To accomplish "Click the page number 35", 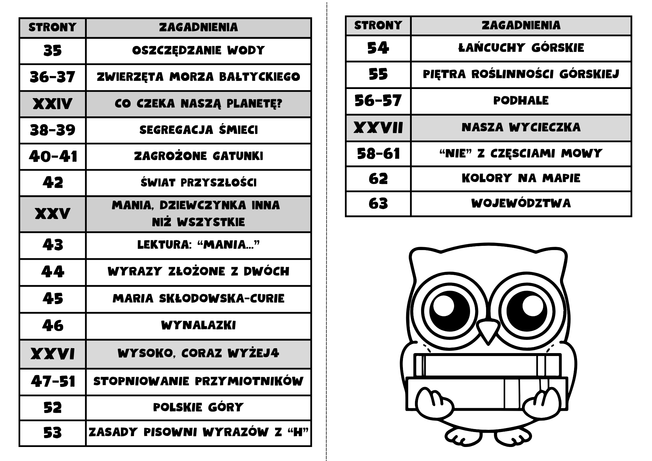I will point(52,51).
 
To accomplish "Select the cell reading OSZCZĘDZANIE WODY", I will point(198,51).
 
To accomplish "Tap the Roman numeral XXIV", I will point(52,104).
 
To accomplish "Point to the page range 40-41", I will point(53,156).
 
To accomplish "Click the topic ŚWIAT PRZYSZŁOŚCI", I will point(198,183).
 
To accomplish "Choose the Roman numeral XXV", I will point(52,214).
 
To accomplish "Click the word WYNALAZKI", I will point(198,325).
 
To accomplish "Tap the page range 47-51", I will point(53,381).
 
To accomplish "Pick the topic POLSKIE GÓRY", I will point(198,408).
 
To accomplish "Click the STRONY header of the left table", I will point(52,27).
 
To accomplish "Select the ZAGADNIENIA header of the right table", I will point(521,25).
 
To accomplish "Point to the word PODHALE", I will point(521,100).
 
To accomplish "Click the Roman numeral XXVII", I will point(378,127).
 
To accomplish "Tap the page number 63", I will point(378,204).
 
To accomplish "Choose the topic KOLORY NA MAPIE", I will point(521,178).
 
